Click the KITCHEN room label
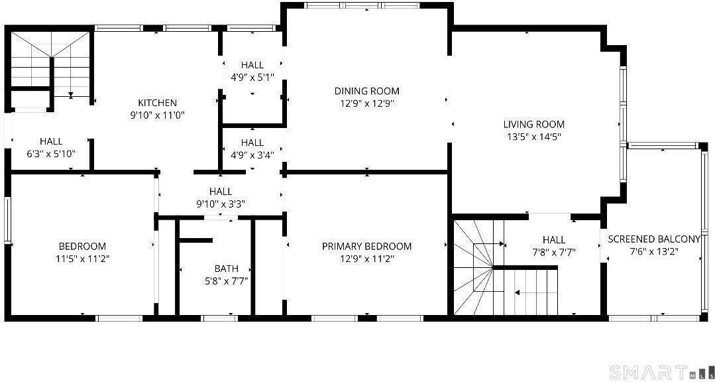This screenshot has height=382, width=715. tap(157, 103)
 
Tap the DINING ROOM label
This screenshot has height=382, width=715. tap(366, 91)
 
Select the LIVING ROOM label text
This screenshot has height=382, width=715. tap(533, 124)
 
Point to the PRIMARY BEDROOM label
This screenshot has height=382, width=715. tap(366, 246)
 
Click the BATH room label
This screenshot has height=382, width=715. tap(226, 269)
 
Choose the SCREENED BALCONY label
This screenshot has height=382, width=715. tap(653, 239)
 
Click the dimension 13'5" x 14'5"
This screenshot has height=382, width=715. tap(533, 137)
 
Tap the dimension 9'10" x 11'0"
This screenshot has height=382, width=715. tap(157, 115)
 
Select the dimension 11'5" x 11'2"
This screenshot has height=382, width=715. tap(82, 259)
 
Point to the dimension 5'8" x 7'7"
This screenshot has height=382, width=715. tap(226, 280)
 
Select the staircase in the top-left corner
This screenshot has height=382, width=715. tap(50, 63)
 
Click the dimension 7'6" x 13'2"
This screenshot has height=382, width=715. tap(653, 251)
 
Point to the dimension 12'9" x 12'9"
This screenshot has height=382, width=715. tap(366, 103)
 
